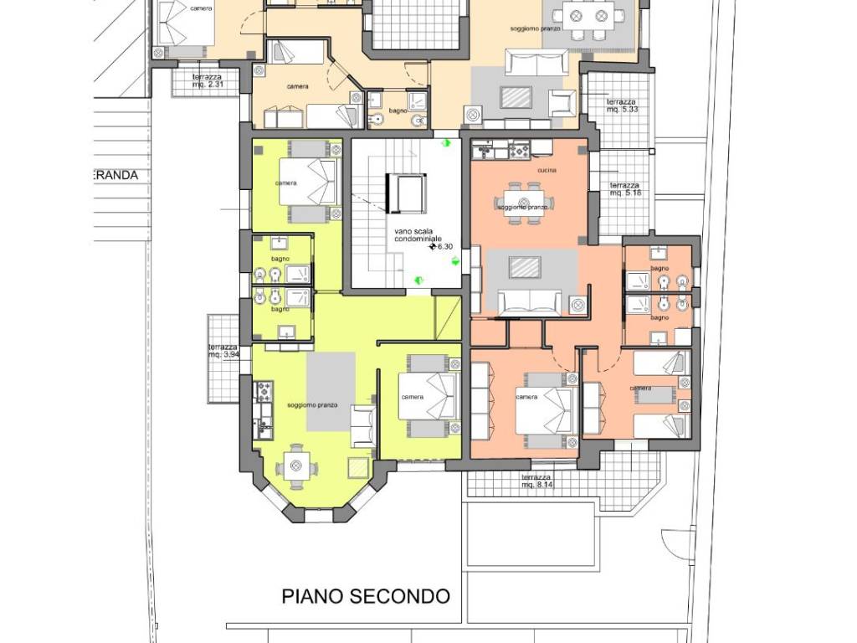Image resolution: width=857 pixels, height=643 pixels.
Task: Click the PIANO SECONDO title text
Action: tap(366, 596)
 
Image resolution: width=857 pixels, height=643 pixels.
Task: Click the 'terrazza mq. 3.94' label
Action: tap(223, 351)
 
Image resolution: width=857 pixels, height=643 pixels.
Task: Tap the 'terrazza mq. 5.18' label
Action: tap(626, 189)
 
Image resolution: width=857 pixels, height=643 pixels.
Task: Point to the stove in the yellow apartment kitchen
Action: tap(264, 391)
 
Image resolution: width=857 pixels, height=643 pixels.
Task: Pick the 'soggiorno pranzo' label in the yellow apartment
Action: tap(311, 404)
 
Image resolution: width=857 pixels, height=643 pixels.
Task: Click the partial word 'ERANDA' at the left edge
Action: tap(115, 176)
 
